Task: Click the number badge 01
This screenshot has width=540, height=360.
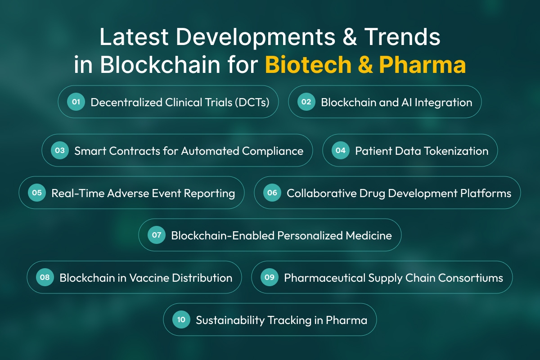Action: (76, 102)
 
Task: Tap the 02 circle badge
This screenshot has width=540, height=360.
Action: (306, 102)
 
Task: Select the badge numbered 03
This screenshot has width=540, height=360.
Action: (60, 150)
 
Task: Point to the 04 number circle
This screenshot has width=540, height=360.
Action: (340, 150)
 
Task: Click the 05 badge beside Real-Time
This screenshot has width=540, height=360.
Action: (37, 193)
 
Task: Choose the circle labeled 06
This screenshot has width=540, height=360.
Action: (272, 193)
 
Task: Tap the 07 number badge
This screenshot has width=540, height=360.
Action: (157, 235)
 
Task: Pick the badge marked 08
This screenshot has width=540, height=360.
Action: (45, 277)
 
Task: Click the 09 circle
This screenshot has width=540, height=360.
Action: (270, 277)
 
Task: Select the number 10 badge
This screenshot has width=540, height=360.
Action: (181, 320)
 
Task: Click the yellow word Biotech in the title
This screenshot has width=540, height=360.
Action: (308, 65)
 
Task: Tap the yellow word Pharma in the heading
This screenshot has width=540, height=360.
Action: (423, 65)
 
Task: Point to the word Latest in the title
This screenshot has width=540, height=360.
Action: (134, 37)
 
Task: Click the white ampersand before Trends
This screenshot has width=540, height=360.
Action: (350, 37)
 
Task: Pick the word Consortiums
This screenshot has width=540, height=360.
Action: (471, 278)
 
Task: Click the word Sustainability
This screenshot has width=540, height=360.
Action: (230, 320)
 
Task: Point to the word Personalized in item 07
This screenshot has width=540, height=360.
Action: (310, 236)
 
